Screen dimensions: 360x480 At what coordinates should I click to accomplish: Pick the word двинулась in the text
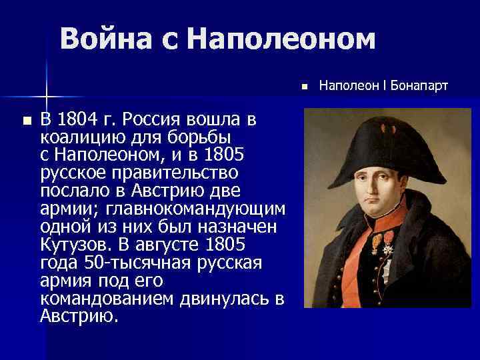pyautogui.click(x=221, y=296)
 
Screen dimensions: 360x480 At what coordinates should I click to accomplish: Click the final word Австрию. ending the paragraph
pyautogui.click(x=79, y=314)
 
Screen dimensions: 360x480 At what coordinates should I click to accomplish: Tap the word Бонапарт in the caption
pyautogui.click(x=419, y=86)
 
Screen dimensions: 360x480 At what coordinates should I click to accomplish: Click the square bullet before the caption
pyautogui.click(x=303, y=86)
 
